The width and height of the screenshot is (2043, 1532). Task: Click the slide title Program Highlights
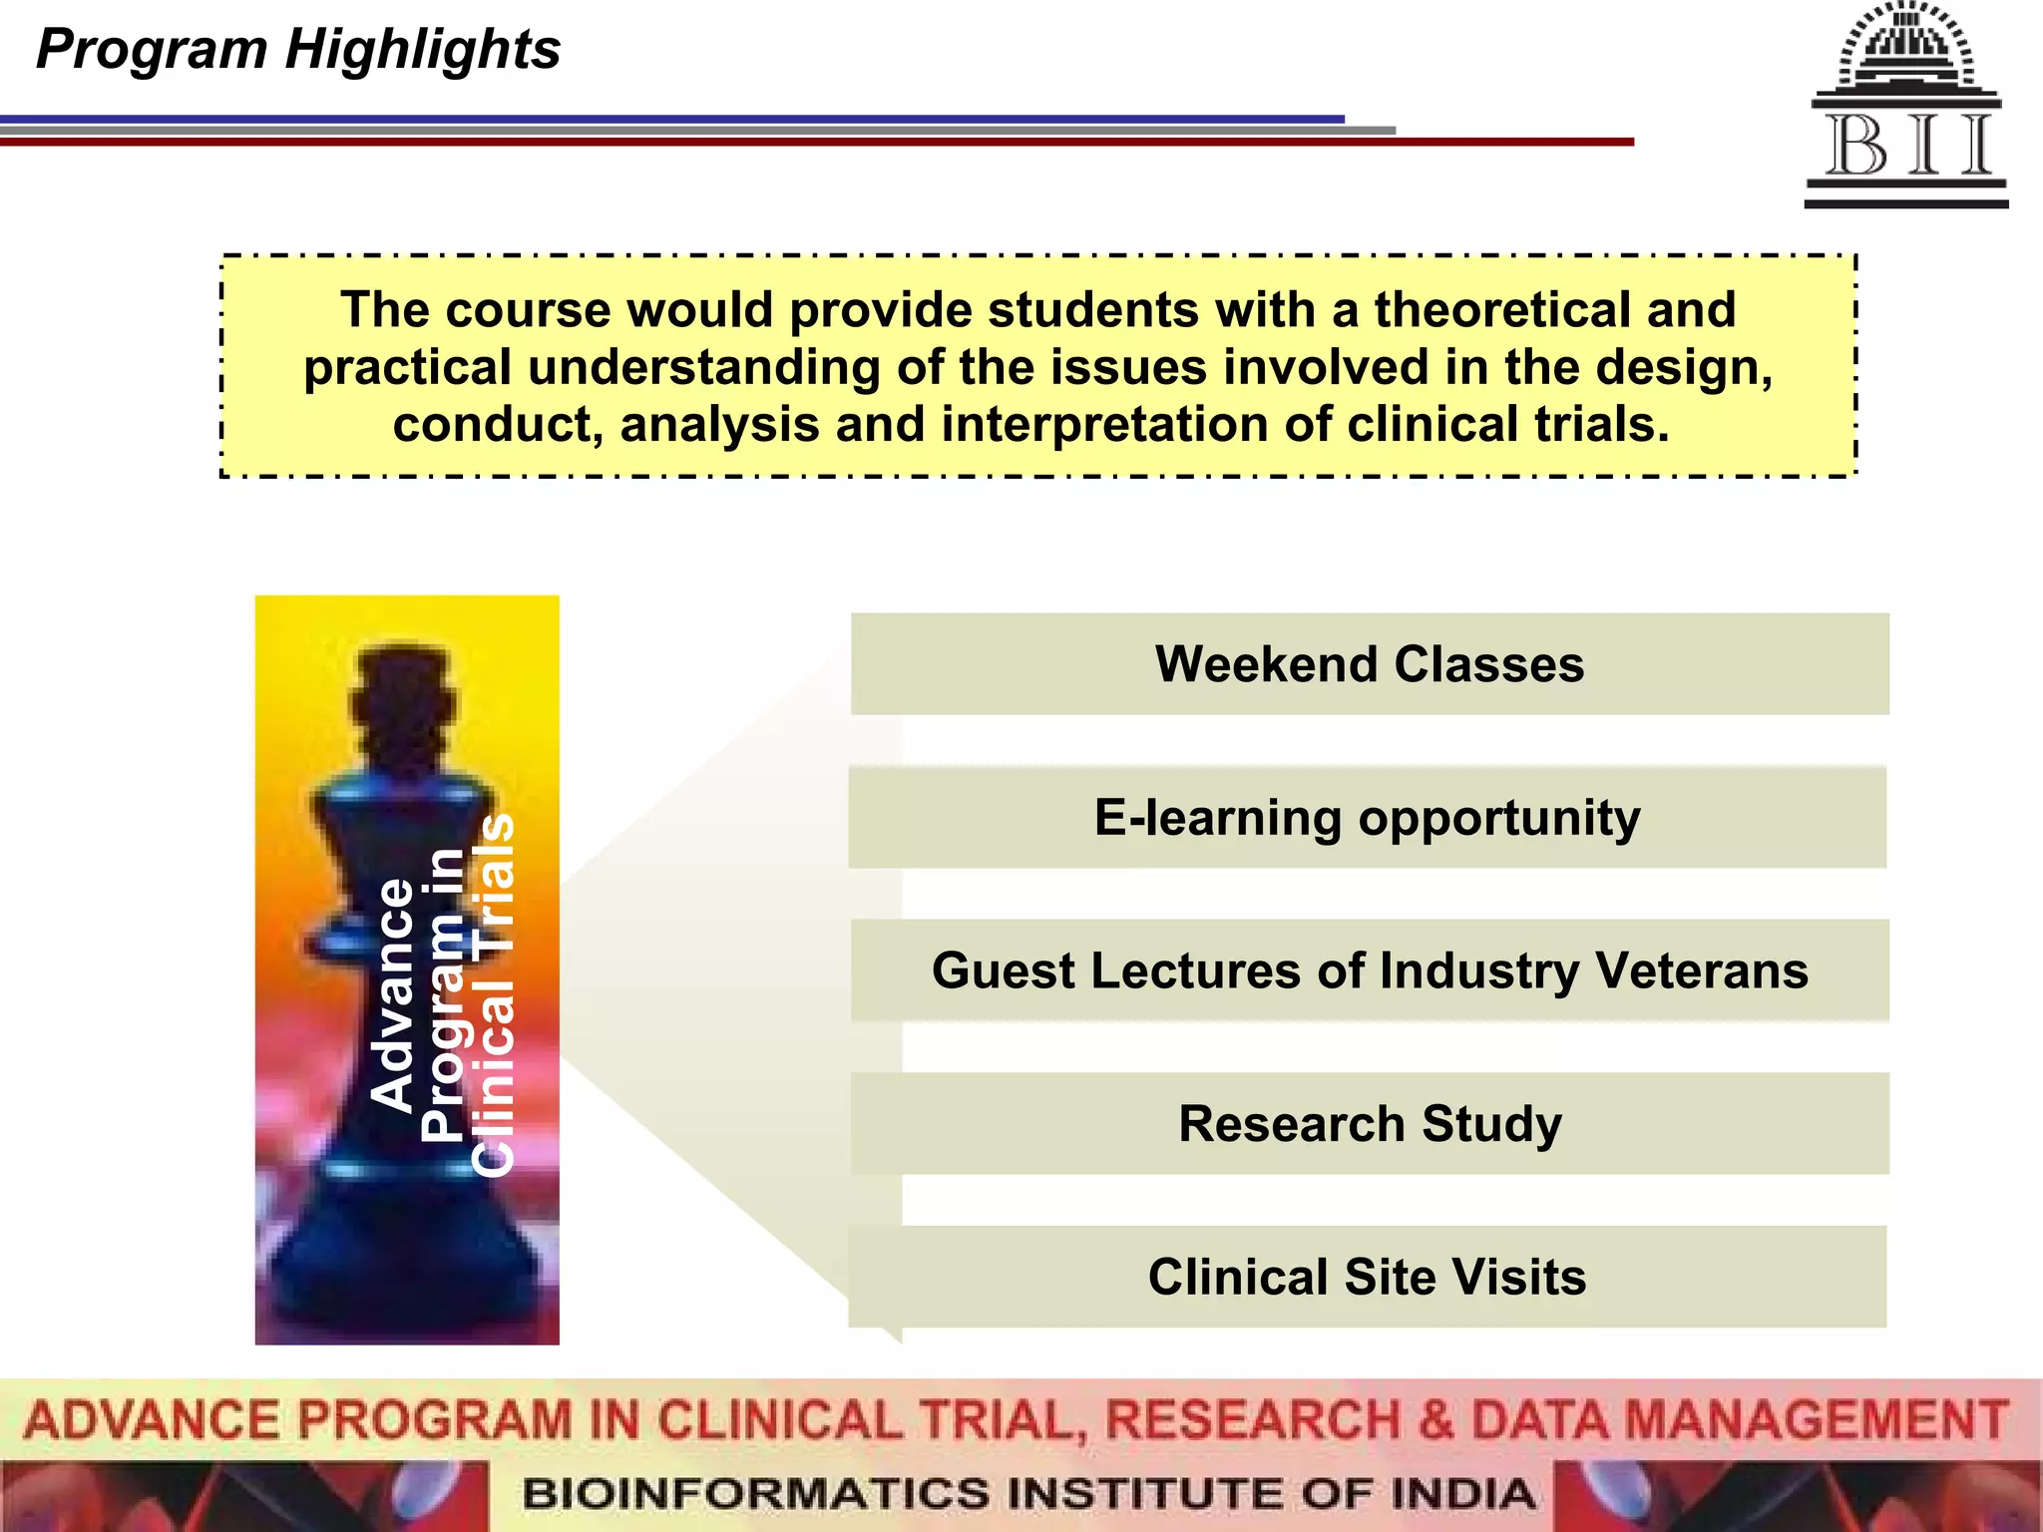click(297, 49)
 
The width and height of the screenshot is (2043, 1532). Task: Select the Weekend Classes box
click(1369, 664)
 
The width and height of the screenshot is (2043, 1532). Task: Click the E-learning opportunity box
click(1367, 818)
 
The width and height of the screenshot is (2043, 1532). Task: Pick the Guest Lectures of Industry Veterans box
click(1369, 970)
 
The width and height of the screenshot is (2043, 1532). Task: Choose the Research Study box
click(1369, 1124)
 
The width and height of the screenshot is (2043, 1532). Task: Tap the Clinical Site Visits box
click(1367, 1277)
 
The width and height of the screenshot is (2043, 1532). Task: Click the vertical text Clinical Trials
click(493, 994)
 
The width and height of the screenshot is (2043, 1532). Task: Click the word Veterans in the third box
click(1701, 970)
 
